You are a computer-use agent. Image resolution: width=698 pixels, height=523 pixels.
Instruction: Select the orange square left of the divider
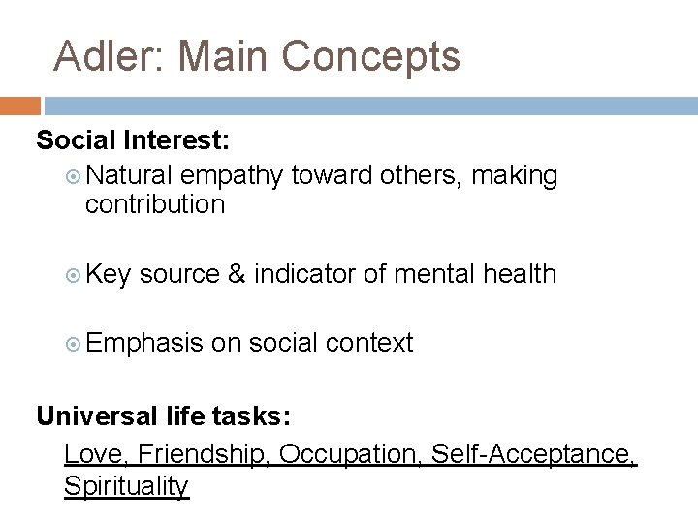pos(19,106)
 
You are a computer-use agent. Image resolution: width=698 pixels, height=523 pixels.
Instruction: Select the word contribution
pos(154,204)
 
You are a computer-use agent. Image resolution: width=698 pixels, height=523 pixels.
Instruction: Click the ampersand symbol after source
pos(236,274)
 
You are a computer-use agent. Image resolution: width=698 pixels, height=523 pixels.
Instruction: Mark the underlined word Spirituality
pos(126,486)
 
